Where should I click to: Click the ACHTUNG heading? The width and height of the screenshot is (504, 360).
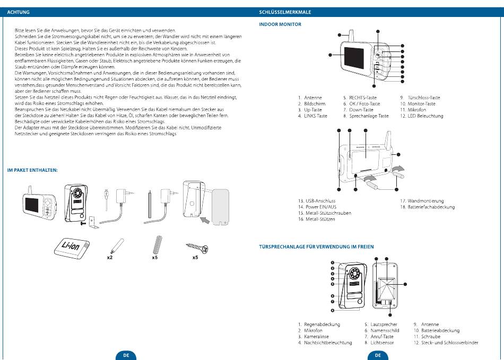coord(18,12)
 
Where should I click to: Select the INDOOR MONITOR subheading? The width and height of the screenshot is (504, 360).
coord(280,24)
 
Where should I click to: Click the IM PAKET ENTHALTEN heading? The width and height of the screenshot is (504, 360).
coord(32,170)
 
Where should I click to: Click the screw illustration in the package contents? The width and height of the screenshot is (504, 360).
coord(196,247)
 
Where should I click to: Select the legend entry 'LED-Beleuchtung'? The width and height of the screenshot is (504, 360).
coord(425,116)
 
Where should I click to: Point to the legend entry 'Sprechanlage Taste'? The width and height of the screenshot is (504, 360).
coord(369,116)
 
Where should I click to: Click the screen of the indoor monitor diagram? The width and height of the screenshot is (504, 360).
coord(355,59)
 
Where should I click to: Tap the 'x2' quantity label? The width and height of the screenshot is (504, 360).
coord(109,258)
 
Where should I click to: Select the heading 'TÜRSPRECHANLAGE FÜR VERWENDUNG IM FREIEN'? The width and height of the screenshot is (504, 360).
coord(316,247)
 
